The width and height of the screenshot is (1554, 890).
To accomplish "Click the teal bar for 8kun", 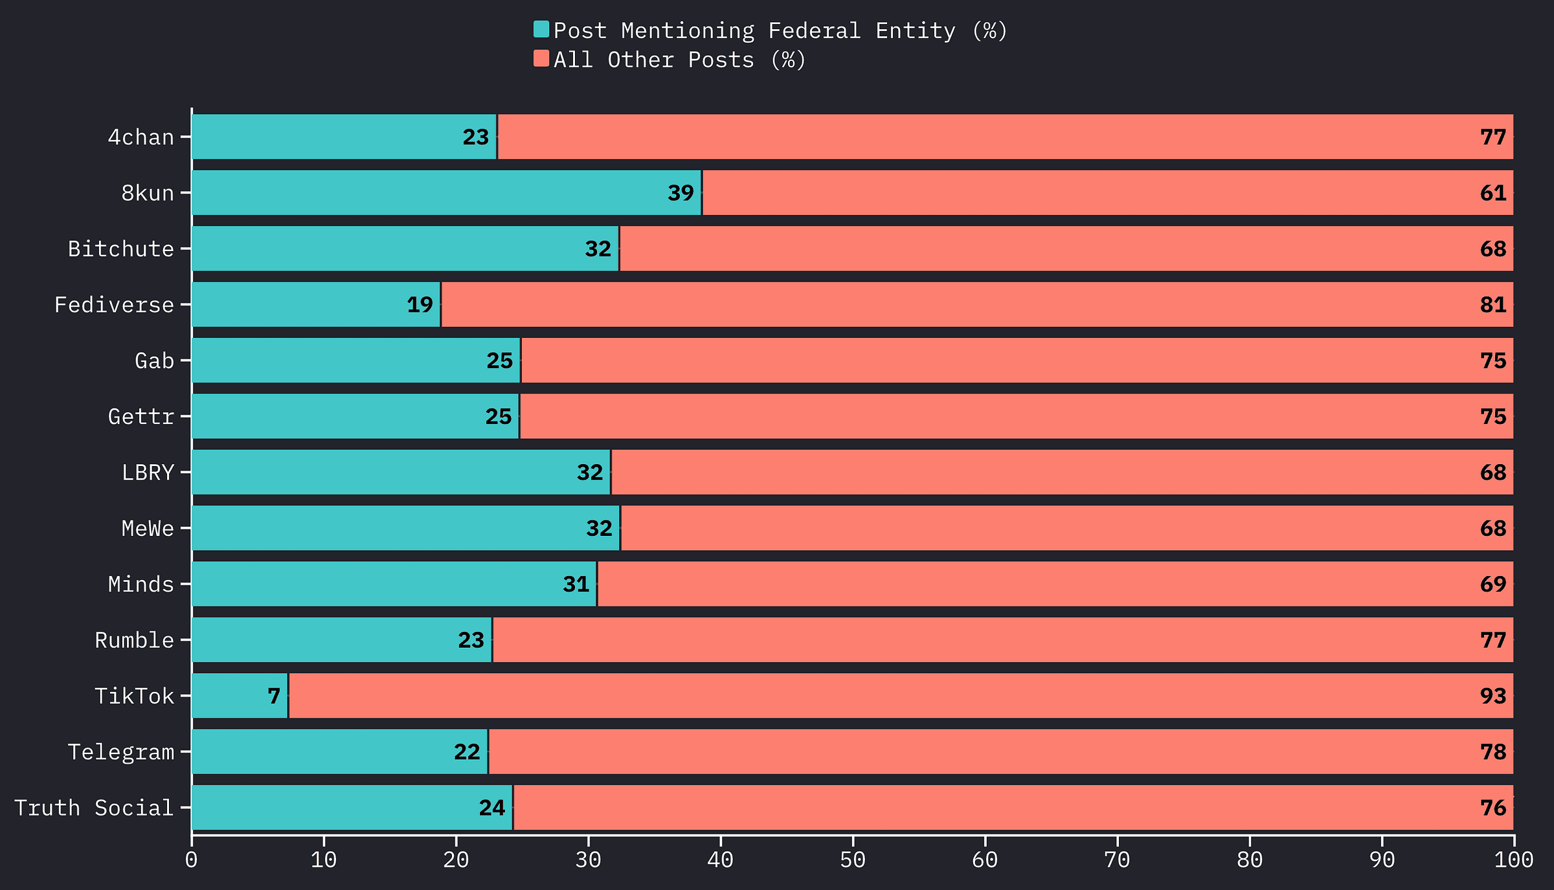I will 447,193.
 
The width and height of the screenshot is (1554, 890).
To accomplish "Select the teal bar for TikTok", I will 240,696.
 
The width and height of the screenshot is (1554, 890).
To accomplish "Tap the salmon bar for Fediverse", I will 977,304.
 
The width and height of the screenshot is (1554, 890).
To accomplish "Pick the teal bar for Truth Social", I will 352,808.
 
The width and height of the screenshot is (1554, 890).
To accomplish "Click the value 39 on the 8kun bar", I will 681,193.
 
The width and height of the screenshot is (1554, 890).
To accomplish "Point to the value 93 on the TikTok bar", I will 1493,696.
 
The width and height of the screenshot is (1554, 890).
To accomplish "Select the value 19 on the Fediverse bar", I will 420,304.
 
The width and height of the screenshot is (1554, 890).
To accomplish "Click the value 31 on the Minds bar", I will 576,584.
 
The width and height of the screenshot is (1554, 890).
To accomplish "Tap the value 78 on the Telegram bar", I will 1493,752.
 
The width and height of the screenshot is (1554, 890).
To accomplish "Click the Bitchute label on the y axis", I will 121,249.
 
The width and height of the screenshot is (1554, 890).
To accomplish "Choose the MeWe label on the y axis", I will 148,529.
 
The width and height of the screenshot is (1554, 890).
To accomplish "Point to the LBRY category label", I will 148,473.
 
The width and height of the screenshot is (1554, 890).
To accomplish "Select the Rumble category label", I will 134,640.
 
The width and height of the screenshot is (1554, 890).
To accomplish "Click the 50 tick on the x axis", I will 853,860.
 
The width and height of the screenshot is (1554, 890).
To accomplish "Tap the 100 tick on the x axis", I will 1514,860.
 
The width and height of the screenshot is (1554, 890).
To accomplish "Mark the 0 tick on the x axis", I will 192,860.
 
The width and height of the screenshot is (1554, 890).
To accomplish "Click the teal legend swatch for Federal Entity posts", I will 541,30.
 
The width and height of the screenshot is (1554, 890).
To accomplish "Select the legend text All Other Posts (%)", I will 680,60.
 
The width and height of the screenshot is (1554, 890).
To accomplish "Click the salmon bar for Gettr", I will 1017,416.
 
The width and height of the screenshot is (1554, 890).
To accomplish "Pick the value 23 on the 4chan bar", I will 475,137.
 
